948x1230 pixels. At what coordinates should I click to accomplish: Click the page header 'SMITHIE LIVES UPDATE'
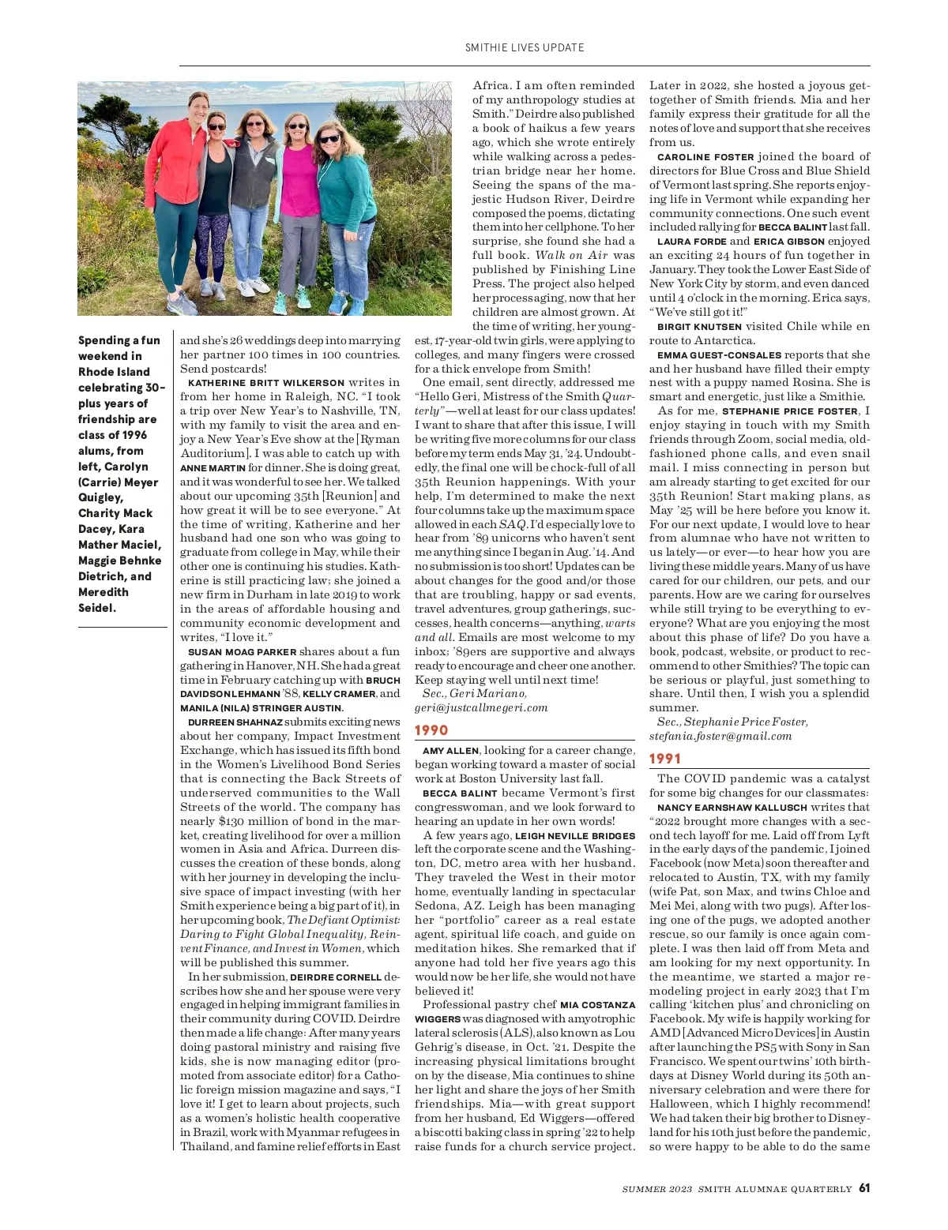525,47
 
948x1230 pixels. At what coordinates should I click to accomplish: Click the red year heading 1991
665,759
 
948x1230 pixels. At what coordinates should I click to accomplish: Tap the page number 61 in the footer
864,1188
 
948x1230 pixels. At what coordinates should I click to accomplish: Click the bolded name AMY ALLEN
450,751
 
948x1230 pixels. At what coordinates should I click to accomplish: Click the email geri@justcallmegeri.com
481,707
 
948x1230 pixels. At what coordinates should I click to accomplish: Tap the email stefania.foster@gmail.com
720,736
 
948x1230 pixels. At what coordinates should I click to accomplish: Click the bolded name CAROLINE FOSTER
705,157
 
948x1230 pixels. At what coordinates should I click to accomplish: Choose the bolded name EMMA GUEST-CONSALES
718,355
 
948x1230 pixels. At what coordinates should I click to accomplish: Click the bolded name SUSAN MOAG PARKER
242,652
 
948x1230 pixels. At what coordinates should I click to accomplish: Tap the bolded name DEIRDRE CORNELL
335,977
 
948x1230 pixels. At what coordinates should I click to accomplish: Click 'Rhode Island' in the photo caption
114,372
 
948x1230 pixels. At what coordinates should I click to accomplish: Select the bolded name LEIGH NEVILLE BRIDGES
574,836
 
